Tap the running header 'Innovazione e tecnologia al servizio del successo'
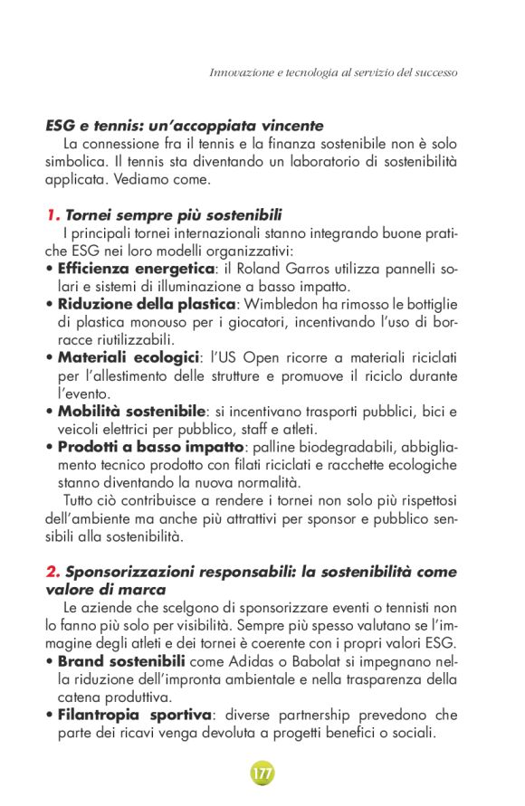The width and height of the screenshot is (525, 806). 333,71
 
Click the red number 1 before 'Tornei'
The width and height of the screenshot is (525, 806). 52,215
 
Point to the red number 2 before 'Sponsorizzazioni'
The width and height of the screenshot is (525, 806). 52,573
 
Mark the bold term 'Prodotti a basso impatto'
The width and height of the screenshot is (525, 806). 149,447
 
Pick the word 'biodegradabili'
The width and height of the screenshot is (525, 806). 346,447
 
